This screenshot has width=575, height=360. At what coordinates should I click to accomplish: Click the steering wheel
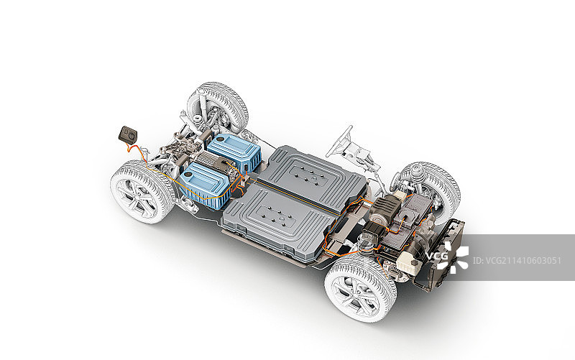click(340, 141)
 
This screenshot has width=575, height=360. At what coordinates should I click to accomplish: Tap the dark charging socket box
click(128, 134)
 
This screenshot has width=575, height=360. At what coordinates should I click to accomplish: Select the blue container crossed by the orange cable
click(205, 185)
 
